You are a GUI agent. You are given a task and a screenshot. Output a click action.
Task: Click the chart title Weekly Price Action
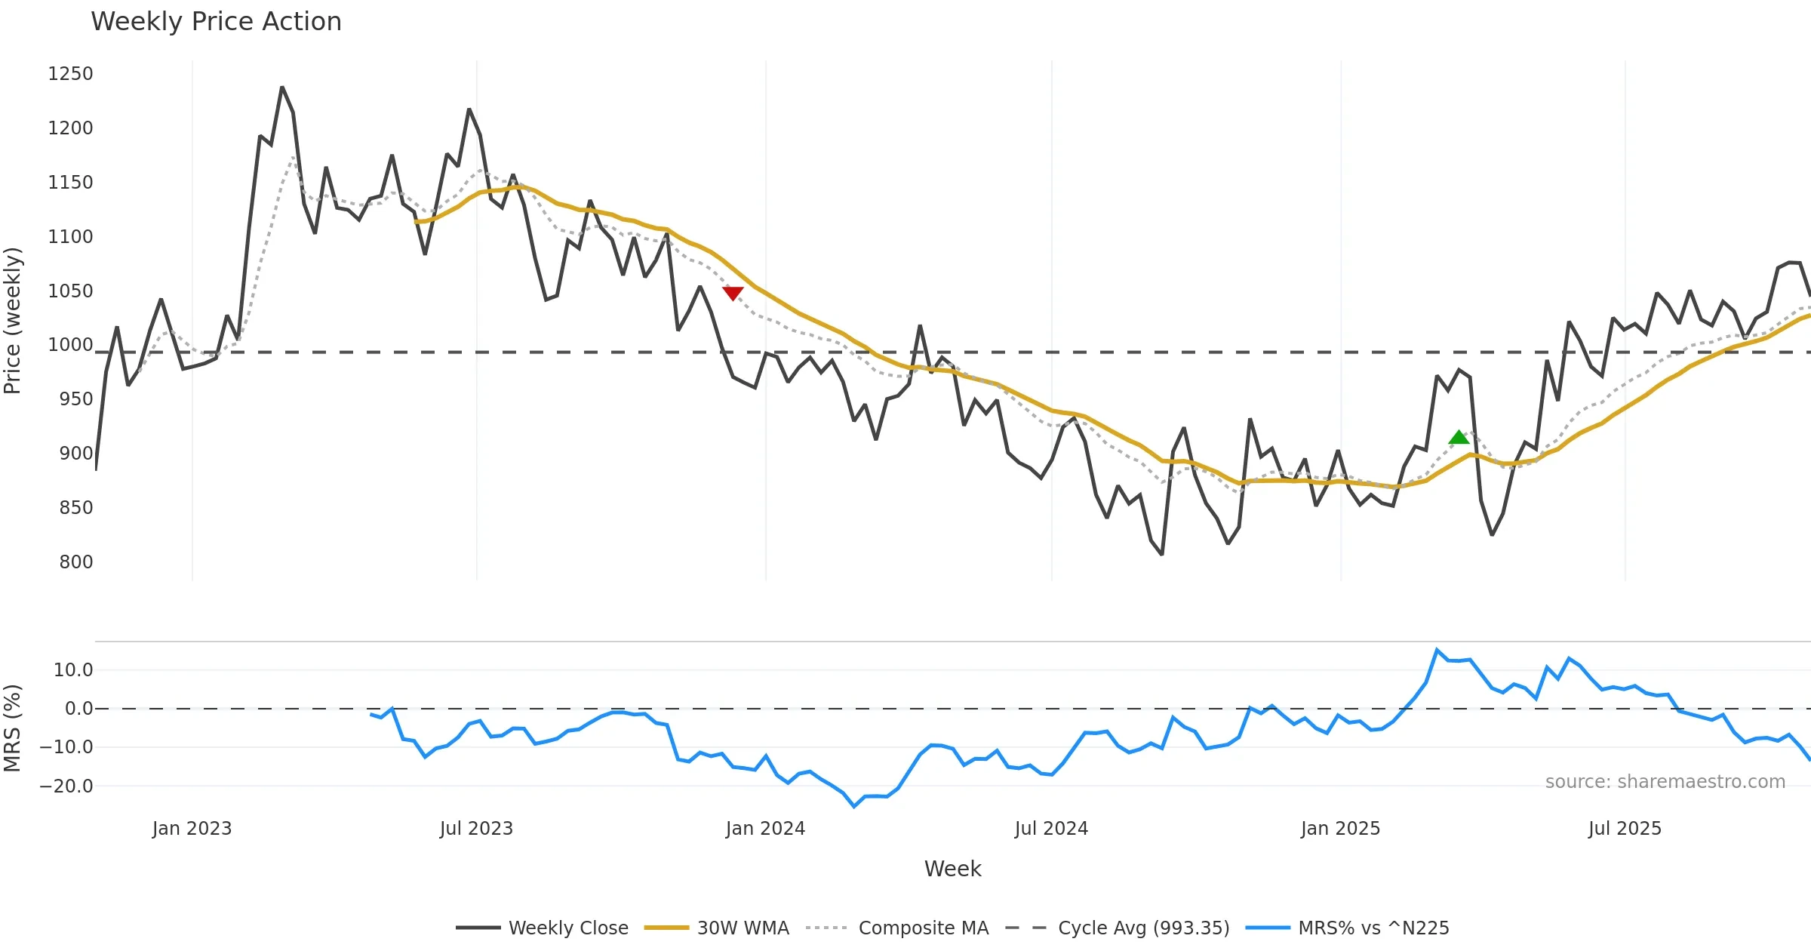click(x=216, y=22)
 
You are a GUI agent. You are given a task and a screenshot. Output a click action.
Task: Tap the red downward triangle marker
click(x=733, y=293)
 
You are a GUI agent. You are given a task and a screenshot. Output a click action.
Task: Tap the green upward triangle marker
click(x=1459, y=437)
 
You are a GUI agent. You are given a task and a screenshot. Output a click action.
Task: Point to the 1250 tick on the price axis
click(x=70, y=74)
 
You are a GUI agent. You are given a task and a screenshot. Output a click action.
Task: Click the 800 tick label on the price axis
click(x=76, y=562)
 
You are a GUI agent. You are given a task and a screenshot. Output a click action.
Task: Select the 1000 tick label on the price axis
click(x=70, y=345)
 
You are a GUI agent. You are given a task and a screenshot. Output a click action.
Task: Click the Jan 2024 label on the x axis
click(x=765, y=829)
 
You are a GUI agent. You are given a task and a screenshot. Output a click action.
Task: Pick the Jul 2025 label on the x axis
click(x=1625, y=829)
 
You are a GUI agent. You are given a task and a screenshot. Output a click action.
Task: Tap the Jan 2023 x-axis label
click(x=192, y=829)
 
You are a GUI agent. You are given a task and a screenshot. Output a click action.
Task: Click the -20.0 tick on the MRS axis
click(x=66, y=786)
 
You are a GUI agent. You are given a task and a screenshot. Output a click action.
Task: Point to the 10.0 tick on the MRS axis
click(x=73, y=670)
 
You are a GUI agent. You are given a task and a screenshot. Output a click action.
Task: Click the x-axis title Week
click(x=952, y=869)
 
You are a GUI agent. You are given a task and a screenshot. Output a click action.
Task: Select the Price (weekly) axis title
click(x=13, y=321)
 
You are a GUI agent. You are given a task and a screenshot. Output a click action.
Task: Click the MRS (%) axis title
click(x=13, y=728)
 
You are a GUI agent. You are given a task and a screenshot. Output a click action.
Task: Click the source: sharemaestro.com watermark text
click(x=1665, y=782)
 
